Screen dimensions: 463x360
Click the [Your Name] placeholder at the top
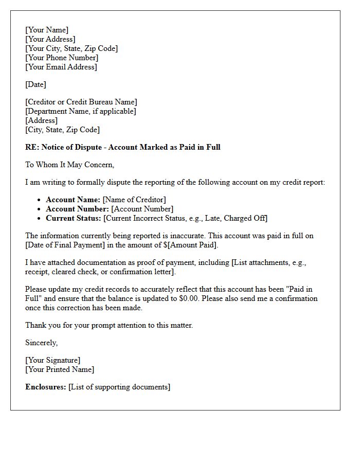(x=47, y=30)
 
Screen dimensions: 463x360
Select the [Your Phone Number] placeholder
(x=62, y=58)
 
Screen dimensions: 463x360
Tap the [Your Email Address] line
(x=61, y=67)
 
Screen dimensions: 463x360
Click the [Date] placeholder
(x=35, y=84)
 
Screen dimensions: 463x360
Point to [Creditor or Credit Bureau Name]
(x=81, y=102)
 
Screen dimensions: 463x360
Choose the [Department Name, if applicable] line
(x=81, y=111)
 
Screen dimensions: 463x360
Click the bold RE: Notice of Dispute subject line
(x=122, y=147)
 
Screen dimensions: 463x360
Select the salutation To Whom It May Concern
(x=69, y=165)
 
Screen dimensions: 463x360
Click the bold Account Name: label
(x=73, y=200)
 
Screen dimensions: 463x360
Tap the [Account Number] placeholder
(x=142, y=209)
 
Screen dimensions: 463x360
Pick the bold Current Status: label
(x=74, y=218)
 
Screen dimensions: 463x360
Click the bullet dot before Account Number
(x=39, y=209)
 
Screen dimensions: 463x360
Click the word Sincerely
(x=42, y=343)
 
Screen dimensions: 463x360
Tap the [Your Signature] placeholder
(x=53, y=360)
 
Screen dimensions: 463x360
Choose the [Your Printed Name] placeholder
(x=60, y=369)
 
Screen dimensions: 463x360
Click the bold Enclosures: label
(x=46, y=387)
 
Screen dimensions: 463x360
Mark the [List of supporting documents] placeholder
(x=119, y=387)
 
